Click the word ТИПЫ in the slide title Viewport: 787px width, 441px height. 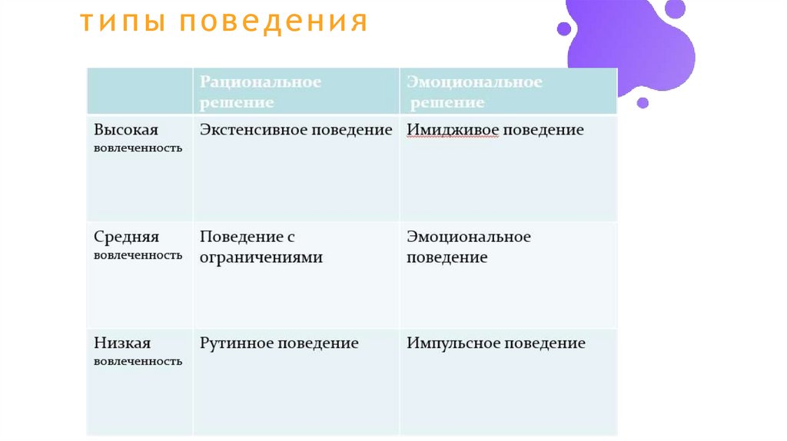coord(123,23)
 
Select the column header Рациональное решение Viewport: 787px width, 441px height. coord(261,91)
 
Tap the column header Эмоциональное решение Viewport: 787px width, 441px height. coord(474,91)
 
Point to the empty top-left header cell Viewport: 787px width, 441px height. coord(139,91)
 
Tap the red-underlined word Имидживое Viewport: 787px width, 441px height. coord(453,130)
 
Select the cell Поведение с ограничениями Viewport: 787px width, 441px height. coord(261,247)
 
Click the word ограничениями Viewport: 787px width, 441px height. coord(261,257)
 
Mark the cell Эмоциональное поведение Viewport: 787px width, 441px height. coord(469,247)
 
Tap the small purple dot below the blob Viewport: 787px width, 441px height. coord(643,102)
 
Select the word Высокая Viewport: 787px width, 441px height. coord(126,130)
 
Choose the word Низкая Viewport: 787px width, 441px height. coord(122,343)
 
